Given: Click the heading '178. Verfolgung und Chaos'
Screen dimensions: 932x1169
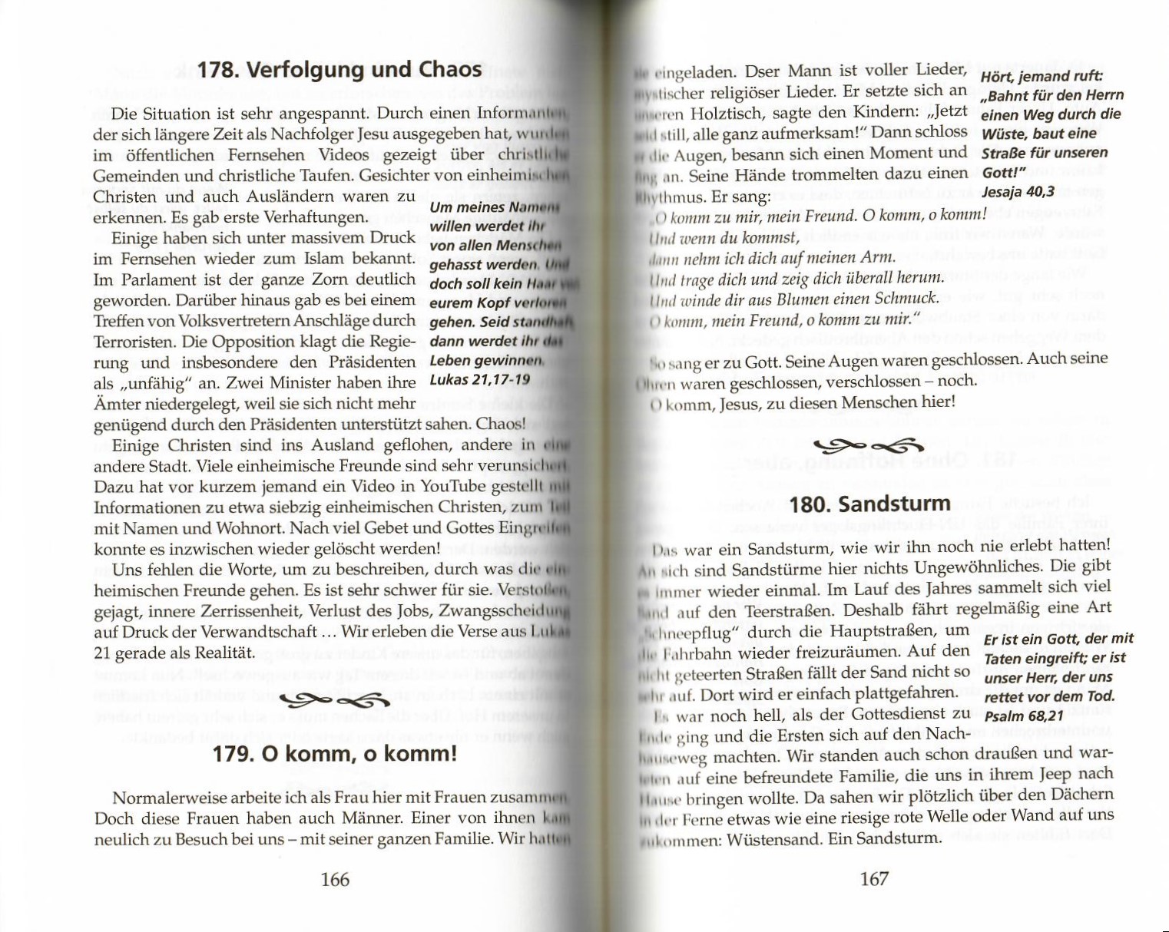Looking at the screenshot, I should (x=339, y=70).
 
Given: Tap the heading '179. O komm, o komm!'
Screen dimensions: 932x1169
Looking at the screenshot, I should (x=334, y=753).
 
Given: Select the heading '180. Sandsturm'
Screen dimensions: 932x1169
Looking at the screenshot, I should (x=869, y=504).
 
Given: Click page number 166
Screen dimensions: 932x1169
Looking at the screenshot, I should (x=334, y=879).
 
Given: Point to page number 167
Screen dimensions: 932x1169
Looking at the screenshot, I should (x=873, y=879).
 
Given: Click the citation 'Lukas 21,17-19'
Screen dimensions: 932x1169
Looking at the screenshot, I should (x=479, y=379).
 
